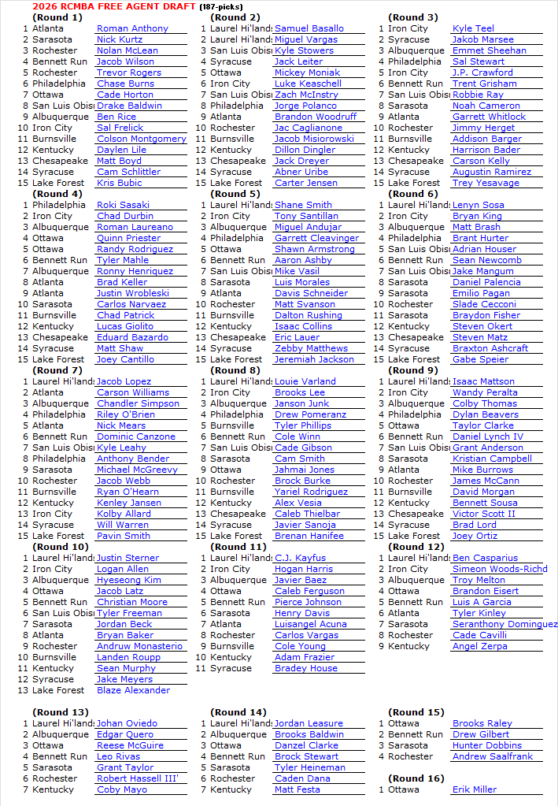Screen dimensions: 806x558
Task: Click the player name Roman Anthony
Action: pos(132,28)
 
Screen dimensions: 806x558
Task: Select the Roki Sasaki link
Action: pos(123,205)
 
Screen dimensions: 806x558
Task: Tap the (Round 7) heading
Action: pos(57,370)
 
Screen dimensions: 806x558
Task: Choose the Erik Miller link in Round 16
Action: pos(475,789)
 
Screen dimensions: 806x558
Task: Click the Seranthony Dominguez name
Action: pos(504,624)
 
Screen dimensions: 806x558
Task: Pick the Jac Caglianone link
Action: pos(308,128)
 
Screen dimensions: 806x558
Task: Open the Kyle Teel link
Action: pos(473,28)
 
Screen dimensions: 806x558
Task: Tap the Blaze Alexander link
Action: pos(133,690)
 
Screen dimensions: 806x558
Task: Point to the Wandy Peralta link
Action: pos(485,392)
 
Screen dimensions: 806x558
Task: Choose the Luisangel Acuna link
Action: pos(310,624)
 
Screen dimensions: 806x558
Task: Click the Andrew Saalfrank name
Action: pos(493,756)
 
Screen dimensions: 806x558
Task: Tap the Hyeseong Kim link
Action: pos(128,580)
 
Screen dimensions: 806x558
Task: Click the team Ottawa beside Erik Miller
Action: pos(404,789)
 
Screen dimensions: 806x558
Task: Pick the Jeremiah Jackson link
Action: pos(314,359)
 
